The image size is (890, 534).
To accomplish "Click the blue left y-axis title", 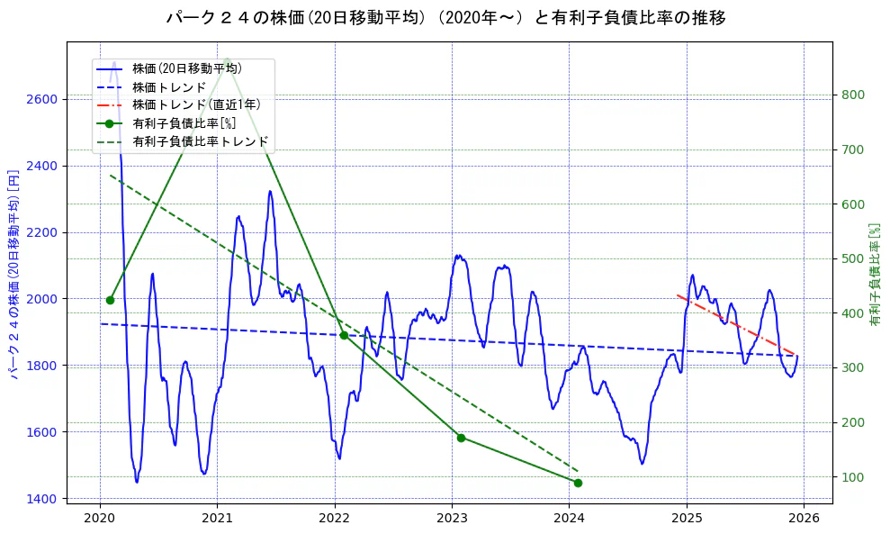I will pyautogui.click(x=14, y=274).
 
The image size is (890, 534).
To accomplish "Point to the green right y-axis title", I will pyautogui.click(x=874, y=275).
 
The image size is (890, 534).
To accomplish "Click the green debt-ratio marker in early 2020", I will pyautogui.click(x=110, y=300).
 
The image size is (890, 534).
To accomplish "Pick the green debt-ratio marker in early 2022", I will pyautogui.click(x=344, y=335).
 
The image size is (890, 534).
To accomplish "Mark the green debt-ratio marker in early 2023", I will pyautogui.click(x=461, y=438).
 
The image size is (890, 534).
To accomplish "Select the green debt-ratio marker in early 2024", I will pyautogui.click(x=578, y=483).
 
